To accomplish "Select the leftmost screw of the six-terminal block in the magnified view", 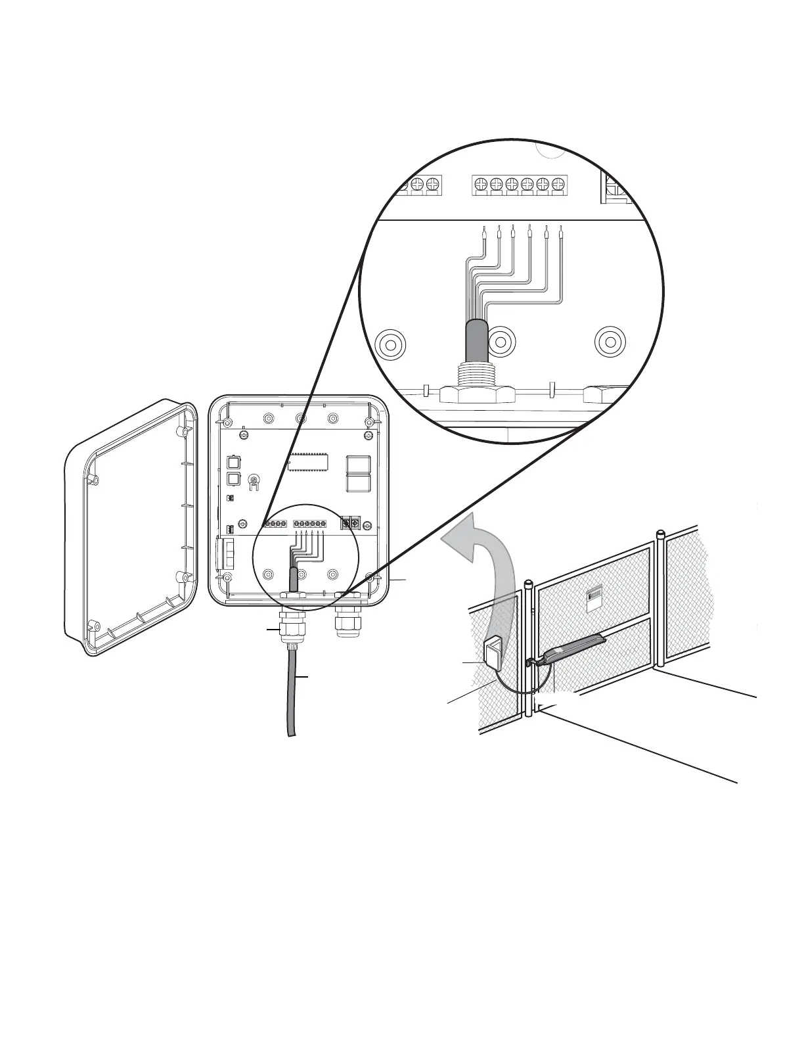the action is pyautogui.click(x=481, y=184).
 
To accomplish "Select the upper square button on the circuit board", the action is pyautogui.click(x=233, y=462).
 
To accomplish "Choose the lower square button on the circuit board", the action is pyautogui.click(x=233, y=478).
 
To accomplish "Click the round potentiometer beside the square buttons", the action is pyautogui.click(x=254, y=485).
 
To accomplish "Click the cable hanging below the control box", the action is pyautogui.click(x=292, y=697).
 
